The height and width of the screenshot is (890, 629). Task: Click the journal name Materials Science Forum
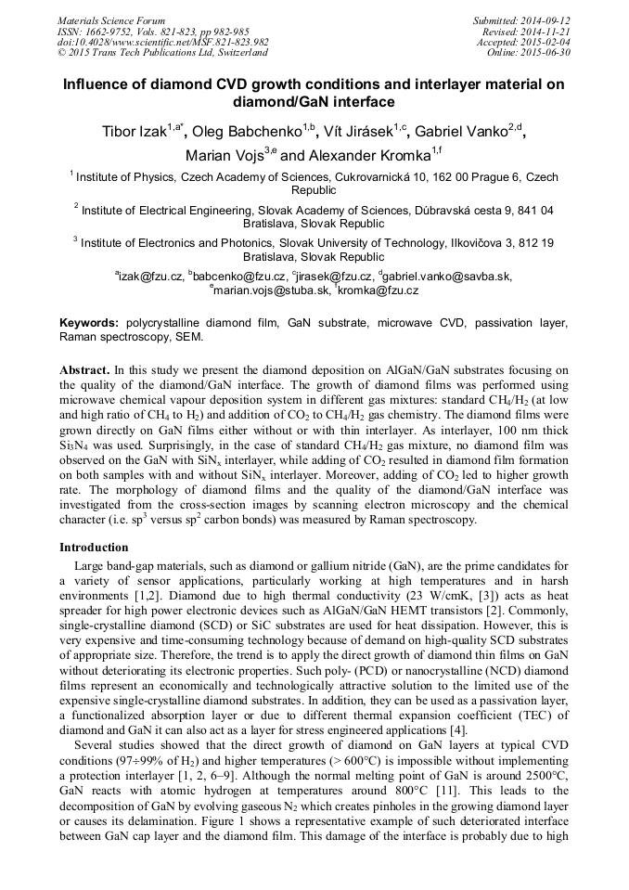(x=111, y=20)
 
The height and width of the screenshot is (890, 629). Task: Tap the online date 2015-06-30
(x=547, y=52)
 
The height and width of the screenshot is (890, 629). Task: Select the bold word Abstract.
(x=90, y=368)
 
